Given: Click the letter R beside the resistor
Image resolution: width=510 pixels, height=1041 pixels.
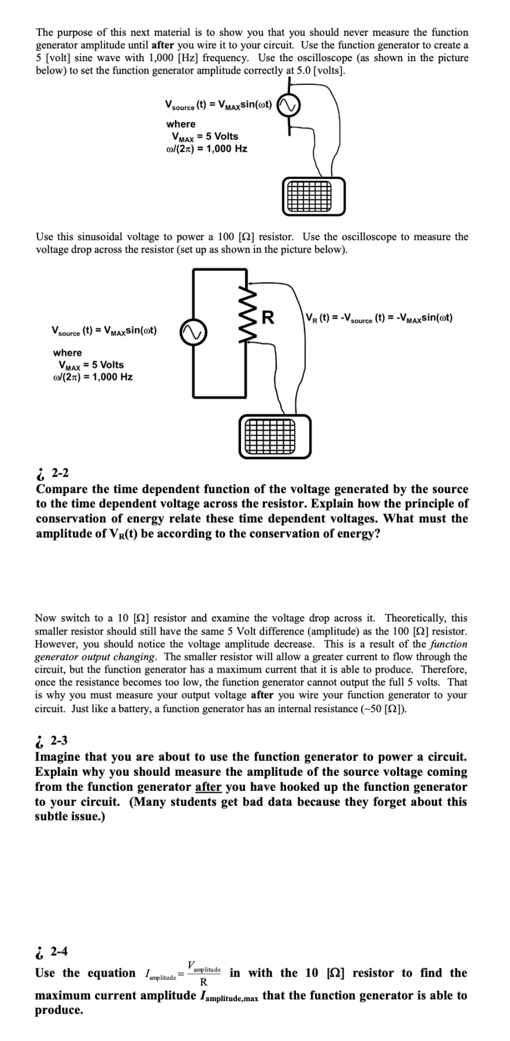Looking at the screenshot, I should click(268, 317).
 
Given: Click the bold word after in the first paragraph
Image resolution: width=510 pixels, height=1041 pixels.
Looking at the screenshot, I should click(163, 45).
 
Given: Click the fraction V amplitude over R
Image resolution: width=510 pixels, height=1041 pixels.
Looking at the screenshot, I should click(204, 974).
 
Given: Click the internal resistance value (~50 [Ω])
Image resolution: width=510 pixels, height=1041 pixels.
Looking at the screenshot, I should click(383, 709).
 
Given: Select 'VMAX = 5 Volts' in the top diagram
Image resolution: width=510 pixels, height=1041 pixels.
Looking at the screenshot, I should click(205, 136).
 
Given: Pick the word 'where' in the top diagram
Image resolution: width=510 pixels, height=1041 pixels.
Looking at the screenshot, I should click(181, 124).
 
